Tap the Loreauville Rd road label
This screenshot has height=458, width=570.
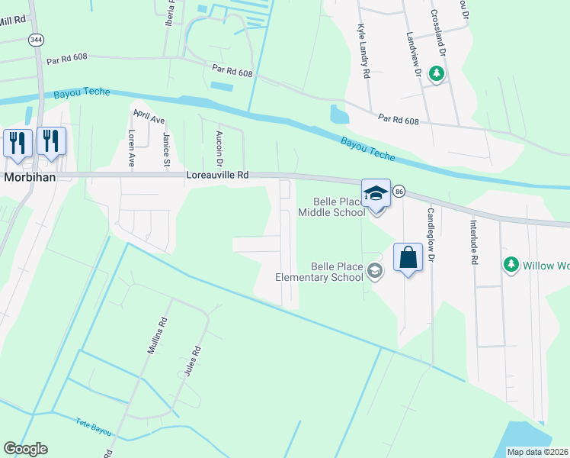217,175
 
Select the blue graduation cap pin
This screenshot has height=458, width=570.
375,194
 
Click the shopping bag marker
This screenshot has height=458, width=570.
408,257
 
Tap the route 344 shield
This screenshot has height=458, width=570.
35,40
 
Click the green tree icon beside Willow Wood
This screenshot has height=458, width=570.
511,265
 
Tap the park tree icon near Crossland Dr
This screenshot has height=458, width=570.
437,74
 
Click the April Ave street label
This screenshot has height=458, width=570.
149,116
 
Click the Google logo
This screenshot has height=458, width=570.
25,449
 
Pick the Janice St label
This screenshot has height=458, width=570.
165,148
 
